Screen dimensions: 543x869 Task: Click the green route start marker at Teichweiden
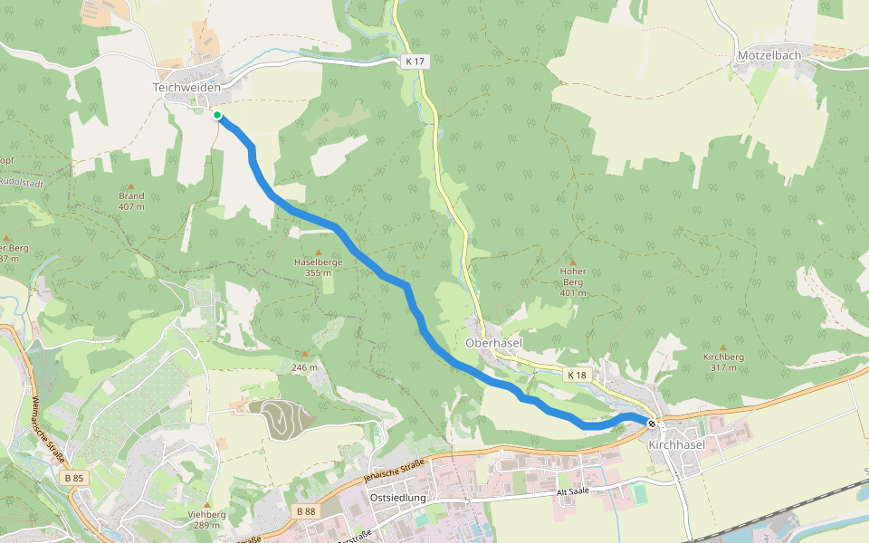217,115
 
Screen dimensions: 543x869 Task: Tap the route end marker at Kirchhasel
652,423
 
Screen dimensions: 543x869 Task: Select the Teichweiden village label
186,87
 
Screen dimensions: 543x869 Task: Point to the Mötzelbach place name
769,55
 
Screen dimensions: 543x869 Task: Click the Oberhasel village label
493,344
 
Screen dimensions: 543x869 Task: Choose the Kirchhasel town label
677,445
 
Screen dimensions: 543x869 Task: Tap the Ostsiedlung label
398,498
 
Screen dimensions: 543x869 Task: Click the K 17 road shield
415,61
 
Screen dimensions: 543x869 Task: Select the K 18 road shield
578,374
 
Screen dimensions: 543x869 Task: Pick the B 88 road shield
306,511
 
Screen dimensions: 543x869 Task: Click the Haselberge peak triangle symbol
318,252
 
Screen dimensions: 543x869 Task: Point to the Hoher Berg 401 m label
573,281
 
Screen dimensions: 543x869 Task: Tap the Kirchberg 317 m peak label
723,362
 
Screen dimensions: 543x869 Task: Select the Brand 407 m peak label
131,201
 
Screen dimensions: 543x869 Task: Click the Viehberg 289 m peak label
206,519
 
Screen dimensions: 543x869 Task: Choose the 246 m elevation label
305,367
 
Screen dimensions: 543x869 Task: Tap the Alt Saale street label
572,491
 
